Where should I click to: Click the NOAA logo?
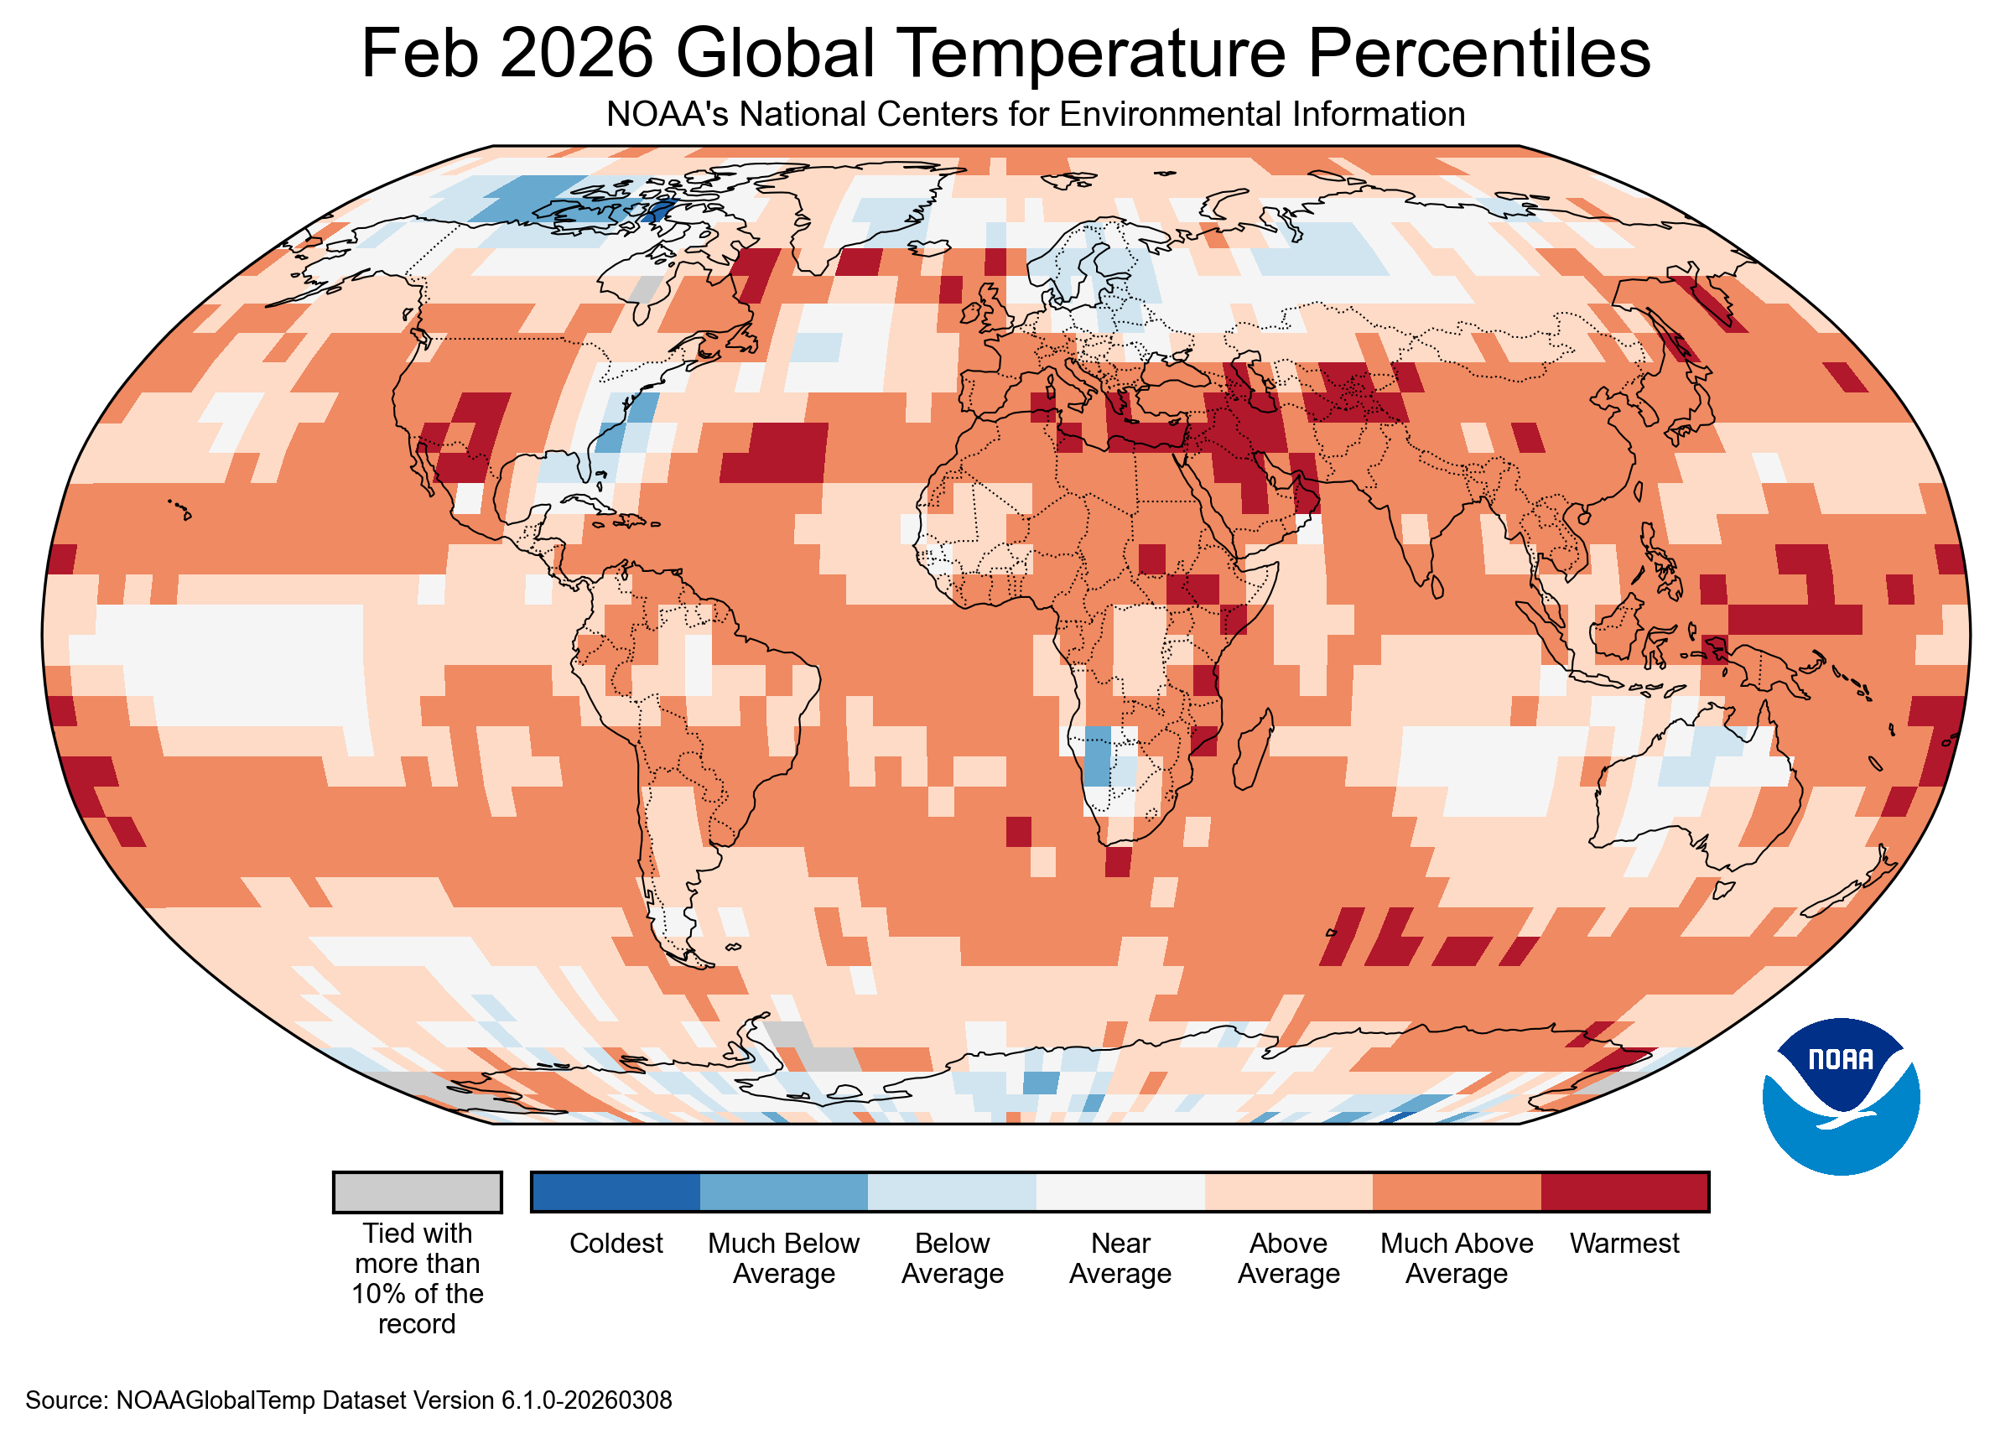[1840, 1096]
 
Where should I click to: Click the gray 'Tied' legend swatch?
[417, 1192]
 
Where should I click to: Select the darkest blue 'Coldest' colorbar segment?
[616, 1192]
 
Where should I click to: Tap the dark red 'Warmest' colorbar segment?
[1624, 1192]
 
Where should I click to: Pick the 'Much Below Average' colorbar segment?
[784, 1192]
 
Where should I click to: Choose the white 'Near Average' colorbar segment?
[1120, 1192]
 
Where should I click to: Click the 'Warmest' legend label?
[1624, 1243]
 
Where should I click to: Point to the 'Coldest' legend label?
[616, 1243]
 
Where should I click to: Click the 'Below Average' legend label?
[952, 1258]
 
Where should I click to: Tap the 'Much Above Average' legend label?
[1456, 1258]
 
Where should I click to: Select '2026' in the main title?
[577, 53]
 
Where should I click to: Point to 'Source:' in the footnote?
[67, 1400]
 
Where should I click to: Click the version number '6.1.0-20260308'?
[587, 1400]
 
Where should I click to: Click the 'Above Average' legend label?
[1288, 1258]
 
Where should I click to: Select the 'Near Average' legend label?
[1120, 1258]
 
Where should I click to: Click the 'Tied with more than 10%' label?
[417, 1278]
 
